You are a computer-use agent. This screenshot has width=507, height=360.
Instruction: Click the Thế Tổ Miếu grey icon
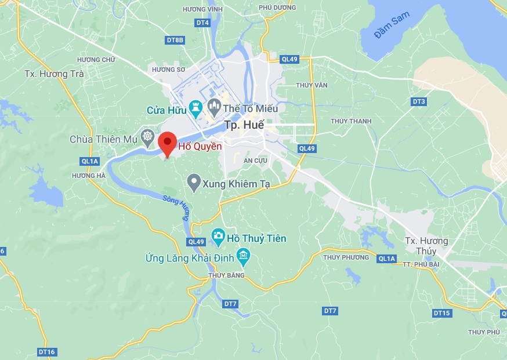click(215, 106)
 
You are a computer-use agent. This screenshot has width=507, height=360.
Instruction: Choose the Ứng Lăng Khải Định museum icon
click(243, 255)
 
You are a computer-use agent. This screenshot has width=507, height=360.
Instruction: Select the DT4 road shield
click(202, 23)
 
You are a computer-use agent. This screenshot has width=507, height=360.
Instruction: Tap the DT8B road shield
click(175, 40)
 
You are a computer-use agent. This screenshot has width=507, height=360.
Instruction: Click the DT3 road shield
click(418, 101)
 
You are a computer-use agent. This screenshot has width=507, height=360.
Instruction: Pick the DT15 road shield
click(441, 313)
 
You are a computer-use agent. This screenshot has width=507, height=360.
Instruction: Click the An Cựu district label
click(255, 160)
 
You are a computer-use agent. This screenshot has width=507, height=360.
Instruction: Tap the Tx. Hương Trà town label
click(55, 74)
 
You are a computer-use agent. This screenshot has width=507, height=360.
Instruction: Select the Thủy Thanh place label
click(351, 121)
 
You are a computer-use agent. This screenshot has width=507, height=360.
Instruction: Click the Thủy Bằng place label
click(226, 275)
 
